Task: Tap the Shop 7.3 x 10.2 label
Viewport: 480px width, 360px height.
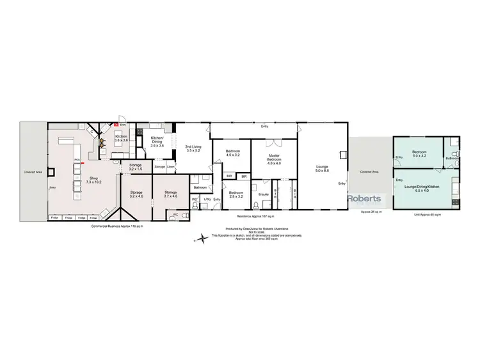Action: point(93,180)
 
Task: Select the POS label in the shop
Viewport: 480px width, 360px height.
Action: point(77,159)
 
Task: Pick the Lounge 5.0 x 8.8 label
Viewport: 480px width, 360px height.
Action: point(323,169)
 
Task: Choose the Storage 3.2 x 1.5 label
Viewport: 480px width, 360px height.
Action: point(135,168)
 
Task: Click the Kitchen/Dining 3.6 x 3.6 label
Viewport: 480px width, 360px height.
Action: point(157,143)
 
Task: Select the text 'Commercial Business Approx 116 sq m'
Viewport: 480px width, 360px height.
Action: point(117,226)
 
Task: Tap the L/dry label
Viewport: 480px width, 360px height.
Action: point(207,199)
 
